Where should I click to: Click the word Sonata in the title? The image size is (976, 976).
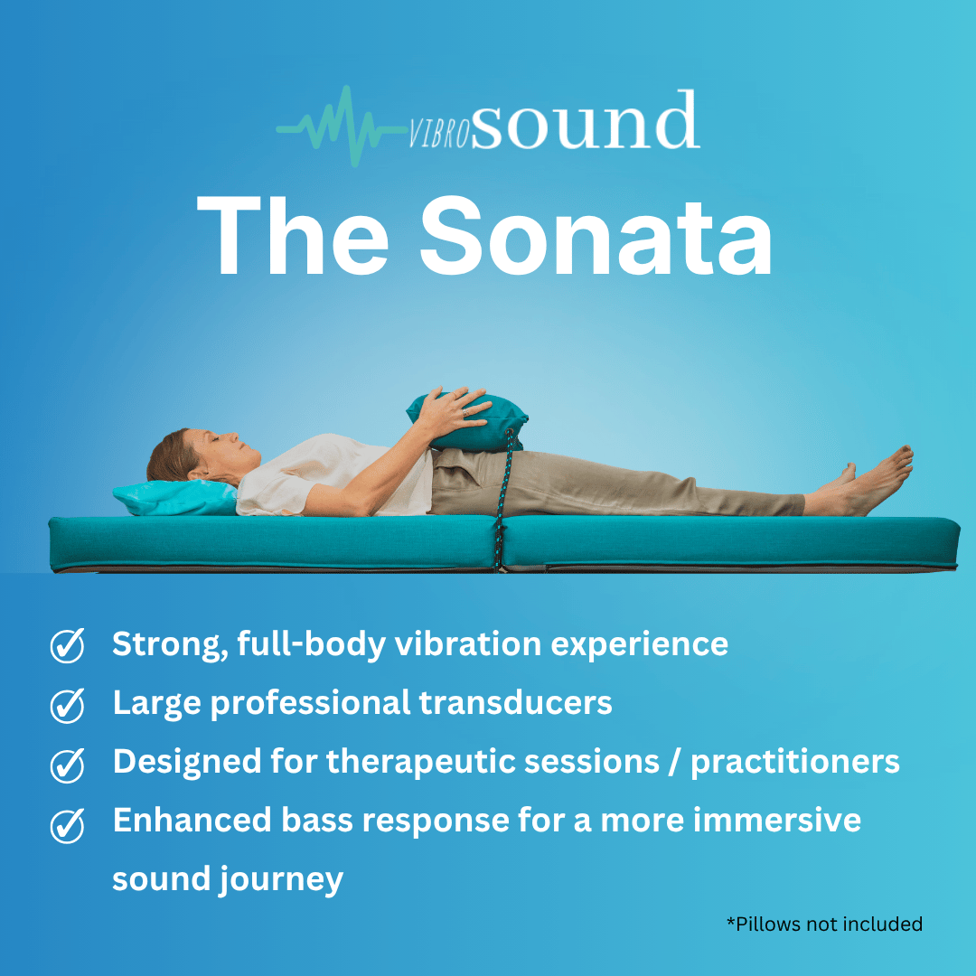[x=596, y=235]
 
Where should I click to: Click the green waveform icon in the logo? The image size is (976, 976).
[x=338, y=127]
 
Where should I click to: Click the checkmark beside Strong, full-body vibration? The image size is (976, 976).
[x=67, y=646]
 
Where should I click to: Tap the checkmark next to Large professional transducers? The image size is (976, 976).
[x=67, y=705]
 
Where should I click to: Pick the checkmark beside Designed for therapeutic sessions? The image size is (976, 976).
[x=67, y=765]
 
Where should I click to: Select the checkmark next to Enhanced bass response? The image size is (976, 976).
[x=67, y=824]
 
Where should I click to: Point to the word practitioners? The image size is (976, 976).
[x=795, y=762]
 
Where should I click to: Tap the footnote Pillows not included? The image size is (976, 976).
[x=824, y=924]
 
